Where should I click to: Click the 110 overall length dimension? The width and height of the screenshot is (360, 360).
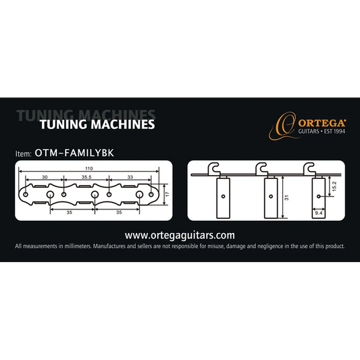tap(89, 167)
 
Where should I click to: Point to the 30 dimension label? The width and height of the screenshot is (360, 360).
tap(45, 176)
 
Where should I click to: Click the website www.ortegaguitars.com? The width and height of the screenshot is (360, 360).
tap(180, 235)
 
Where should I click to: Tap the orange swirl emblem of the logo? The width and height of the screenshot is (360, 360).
tap(284, 124)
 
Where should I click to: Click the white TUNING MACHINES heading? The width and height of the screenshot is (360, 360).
tap(97, 125)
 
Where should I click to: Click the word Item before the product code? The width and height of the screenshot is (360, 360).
tap(23, 153)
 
